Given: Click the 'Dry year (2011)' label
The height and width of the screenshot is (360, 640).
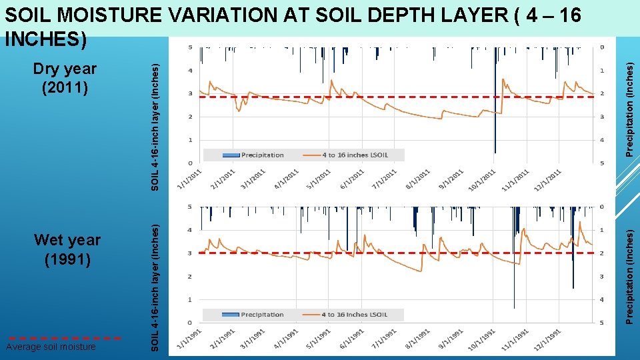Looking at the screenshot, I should [x=65, y=77].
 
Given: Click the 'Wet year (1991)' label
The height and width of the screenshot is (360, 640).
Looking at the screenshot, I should [x=67, y=249].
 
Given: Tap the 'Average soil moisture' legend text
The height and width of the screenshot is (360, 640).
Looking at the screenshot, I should [x=51, y=347].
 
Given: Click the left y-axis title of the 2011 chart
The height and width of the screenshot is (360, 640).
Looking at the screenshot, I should [x=155, y=127].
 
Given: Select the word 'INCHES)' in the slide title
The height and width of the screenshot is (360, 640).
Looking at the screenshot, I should [x=45, y=39].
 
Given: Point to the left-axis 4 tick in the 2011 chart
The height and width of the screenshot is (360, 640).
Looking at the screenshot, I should [x=191, y=71].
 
